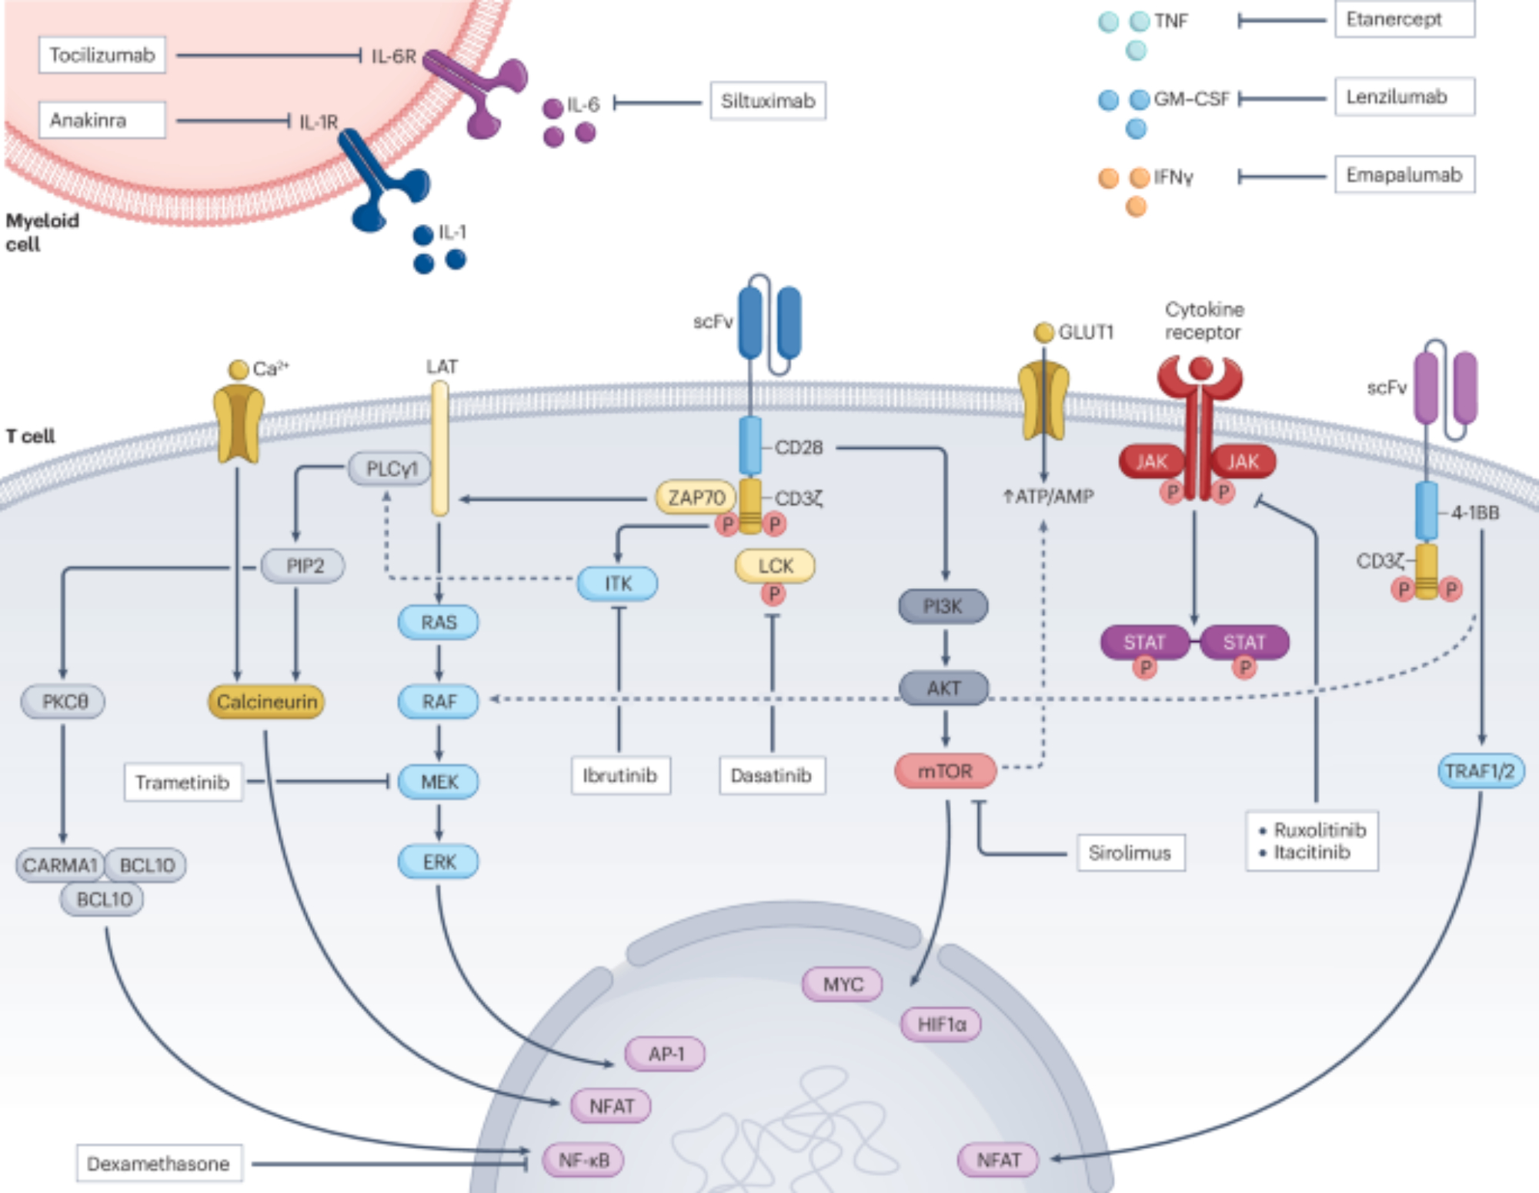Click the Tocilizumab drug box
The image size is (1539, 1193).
[102, 55]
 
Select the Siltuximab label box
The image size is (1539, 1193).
[767, 101]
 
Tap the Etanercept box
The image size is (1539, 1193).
[1404, 19]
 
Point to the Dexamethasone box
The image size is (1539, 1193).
[159, 1163]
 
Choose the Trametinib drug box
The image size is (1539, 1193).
[183, 782]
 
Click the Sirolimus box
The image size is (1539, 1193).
[1130, 853]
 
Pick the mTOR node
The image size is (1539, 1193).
[945, 771]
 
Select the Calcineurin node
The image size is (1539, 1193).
[266, 702]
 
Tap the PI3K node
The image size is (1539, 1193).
[943, 607]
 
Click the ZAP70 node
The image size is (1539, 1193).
[696, 498]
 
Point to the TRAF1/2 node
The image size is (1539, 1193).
[1480, 771]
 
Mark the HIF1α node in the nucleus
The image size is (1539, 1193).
[941, 1024]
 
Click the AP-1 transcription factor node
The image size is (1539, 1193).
[666, 1054]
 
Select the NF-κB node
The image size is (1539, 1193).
[583, 1160]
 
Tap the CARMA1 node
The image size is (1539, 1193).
[60, 865]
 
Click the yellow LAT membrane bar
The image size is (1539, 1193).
[439, 448]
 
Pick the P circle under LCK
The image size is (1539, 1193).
[773, 594]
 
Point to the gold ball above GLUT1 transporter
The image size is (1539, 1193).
[1043, 333]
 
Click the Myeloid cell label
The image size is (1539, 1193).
[42, 232]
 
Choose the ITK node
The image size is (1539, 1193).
[618, 583]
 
